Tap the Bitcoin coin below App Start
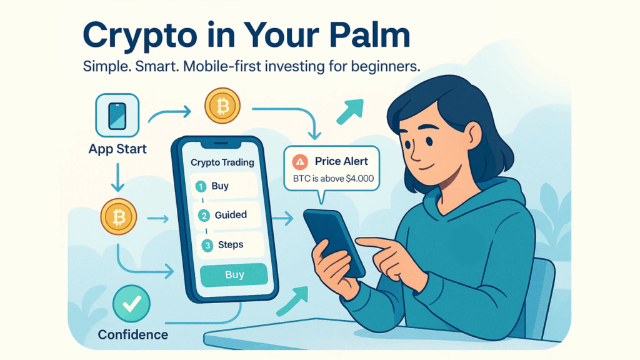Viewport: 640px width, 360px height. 117,217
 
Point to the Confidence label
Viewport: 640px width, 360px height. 132,335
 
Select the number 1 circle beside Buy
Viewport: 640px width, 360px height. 201,186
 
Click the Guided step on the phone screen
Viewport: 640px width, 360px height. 231,215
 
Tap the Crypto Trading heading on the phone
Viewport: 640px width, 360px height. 222,162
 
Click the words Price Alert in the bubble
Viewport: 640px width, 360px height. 342,161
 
